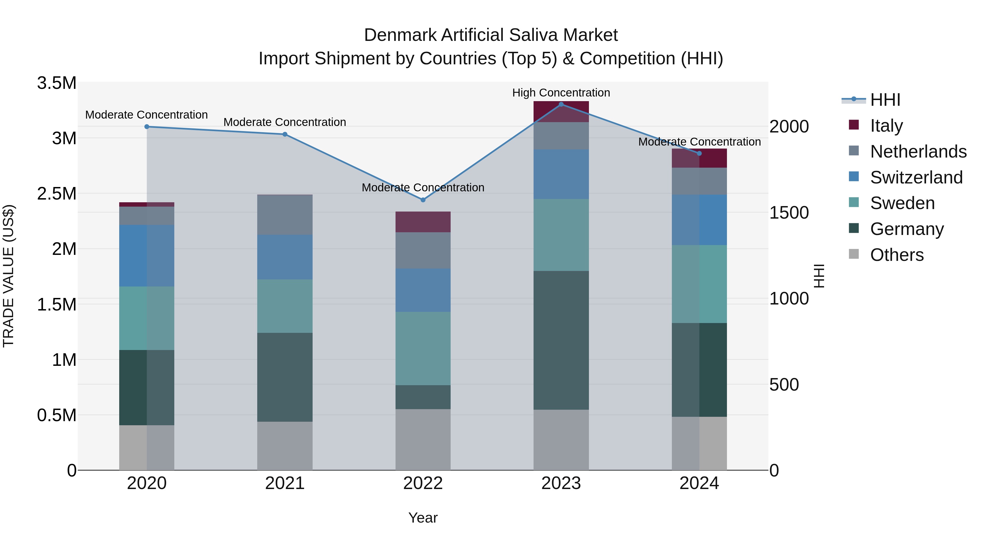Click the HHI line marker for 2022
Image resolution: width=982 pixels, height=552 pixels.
point(423,200)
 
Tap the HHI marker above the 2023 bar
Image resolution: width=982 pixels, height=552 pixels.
point(561,104)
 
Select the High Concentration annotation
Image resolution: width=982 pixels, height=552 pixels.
point(561,93)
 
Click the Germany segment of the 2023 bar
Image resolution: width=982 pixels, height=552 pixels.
point(561,340)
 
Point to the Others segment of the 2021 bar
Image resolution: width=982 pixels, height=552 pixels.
point(285,445)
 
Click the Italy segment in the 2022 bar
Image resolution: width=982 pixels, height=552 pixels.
point(423,222)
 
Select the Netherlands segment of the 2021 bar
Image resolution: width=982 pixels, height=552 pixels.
point(285,215)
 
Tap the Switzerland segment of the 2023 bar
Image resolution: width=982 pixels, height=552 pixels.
point(561,174)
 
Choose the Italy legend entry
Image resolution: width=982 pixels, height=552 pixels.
point(886,126)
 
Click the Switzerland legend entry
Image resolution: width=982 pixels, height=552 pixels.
point(916,177)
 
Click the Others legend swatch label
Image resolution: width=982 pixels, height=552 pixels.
point(897,255)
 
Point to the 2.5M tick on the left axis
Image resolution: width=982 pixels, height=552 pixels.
point(56,194)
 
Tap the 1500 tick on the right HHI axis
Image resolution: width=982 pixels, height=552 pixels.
point(789,213)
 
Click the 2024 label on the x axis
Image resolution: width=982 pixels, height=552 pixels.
point(699,483)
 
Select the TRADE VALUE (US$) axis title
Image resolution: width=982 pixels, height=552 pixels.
point(8,276)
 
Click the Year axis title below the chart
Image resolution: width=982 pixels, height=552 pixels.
point(423,518)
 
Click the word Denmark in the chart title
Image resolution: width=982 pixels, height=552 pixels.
point(400,35)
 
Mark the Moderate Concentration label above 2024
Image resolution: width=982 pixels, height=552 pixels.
point(699,142)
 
